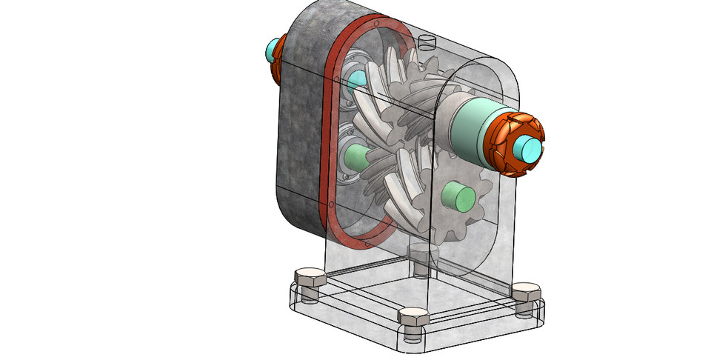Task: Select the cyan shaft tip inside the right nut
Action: [x=531, y=149]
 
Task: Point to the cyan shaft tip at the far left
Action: [x=271, y=50]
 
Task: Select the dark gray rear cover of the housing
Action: [x=300, y=133]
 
